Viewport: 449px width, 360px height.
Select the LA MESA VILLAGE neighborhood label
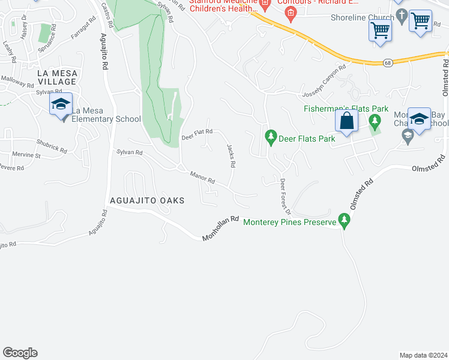pyautogui.click(x=57, y=77)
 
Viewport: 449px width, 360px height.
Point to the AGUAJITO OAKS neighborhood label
pyautogui.click(x=146, y=200)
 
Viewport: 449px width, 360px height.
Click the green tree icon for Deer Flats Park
pyautogui.click(x=271, y=137)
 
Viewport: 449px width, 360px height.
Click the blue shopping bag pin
pyautogui.click(x=346, y=121)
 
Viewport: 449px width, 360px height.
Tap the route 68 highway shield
pyautogui.click(x=388, y=62)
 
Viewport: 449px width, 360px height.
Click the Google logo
pyautogui.click(x=20, y=353)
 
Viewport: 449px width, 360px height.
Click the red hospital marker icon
pyautogui.click(x=291, y=14)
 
